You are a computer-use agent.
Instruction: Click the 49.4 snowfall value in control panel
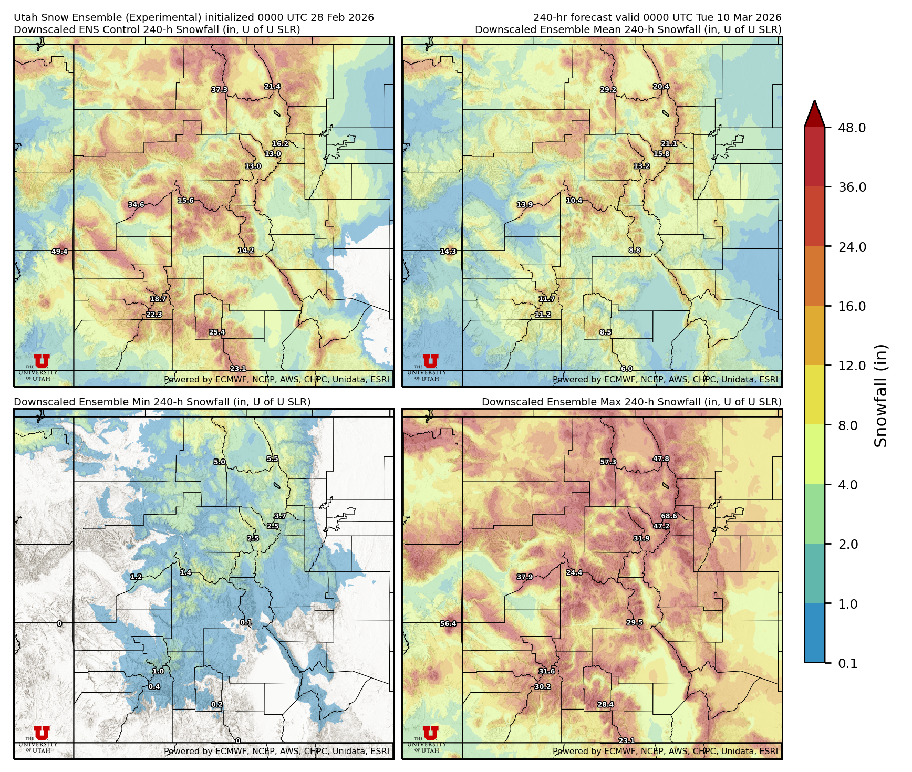(59, 252)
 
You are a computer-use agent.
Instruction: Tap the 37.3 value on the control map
(220, 90)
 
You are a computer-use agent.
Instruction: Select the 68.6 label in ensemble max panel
(669, 516)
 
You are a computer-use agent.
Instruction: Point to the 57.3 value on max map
(608, 462)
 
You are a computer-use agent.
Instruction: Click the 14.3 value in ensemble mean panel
(448, 252)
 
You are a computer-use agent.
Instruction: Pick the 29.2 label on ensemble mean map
(608, 90)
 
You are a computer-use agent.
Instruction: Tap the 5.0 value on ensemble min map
(219, 462)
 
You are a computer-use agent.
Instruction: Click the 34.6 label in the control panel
(136, 205)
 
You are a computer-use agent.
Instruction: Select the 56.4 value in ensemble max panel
(448, 624)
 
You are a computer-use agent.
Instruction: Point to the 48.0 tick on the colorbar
(852, 128)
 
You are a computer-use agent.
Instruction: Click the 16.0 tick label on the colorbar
(852, 306)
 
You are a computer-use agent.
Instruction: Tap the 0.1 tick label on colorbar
(847, 663)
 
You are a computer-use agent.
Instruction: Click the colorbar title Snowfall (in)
(881, 395)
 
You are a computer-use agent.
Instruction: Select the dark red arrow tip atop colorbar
(814, 113)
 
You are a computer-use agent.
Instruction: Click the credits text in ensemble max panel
(665, 751)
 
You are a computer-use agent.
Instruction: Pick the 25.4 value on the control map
(216, 332)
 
